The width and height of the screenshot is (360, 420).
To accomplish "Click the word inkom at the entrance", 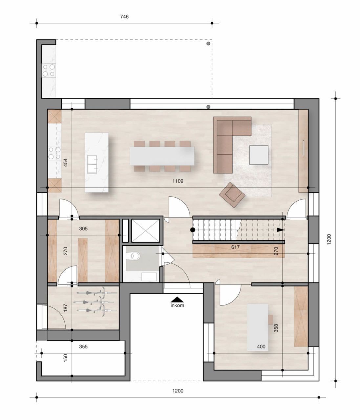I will pyautogui.click(x=177, y=305).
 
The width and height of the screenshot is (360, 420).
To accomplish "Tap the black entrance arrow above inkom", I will pyautogui.click(x=177, y=299).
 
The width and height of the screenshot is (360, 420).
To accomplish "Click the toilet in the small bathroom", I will pyautogui.click(x=135, y=255).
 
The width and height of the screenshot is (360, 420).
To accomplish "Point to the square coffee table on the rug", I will pyautogui.click(x=259, y=155).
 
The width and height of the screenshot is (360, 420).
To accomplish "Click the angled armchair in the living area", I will pyautogui.click(x=232, y=195).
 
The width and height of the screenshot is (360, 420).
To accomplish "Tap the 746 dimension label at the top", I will pyautogui.click(x=124, y=17).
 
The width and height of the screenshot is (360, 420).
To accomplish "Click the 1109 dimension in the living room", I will pyautogui.click(x=178, y=181).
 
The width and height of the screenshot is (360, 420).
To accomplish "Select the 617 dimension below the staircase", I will pyautogui.click(x=235, y=247).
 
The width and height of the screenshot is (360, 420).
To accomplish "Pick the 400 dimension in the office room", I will pyautogui.click(x=261, y=346).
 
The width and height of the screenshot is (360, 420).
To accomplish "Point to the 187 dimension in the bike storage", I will pyautogui.click(x=65, y=308).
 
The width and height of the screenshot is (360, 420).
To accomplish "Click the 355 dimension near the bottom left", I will pyautogui.click(x=83, y=346).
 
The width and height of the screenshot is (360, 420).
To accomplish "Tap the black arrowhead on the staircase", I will pyautogui.click(x=280, y=230).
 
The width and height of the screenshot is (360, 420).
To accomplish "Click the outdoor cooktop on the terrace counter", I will pyautogui.click(x=49, y=70).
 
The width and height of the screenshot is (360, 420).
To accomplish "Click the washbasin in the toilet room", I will pyautogui.click(x=149, y=276).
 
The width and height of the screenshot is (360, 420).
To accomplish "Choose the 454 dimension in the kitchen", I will pyautogui.click(x=65, y=163).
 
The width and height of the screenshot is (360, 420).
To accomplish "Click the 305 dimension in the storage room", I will pyautogui.click(x=83, y=229).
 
